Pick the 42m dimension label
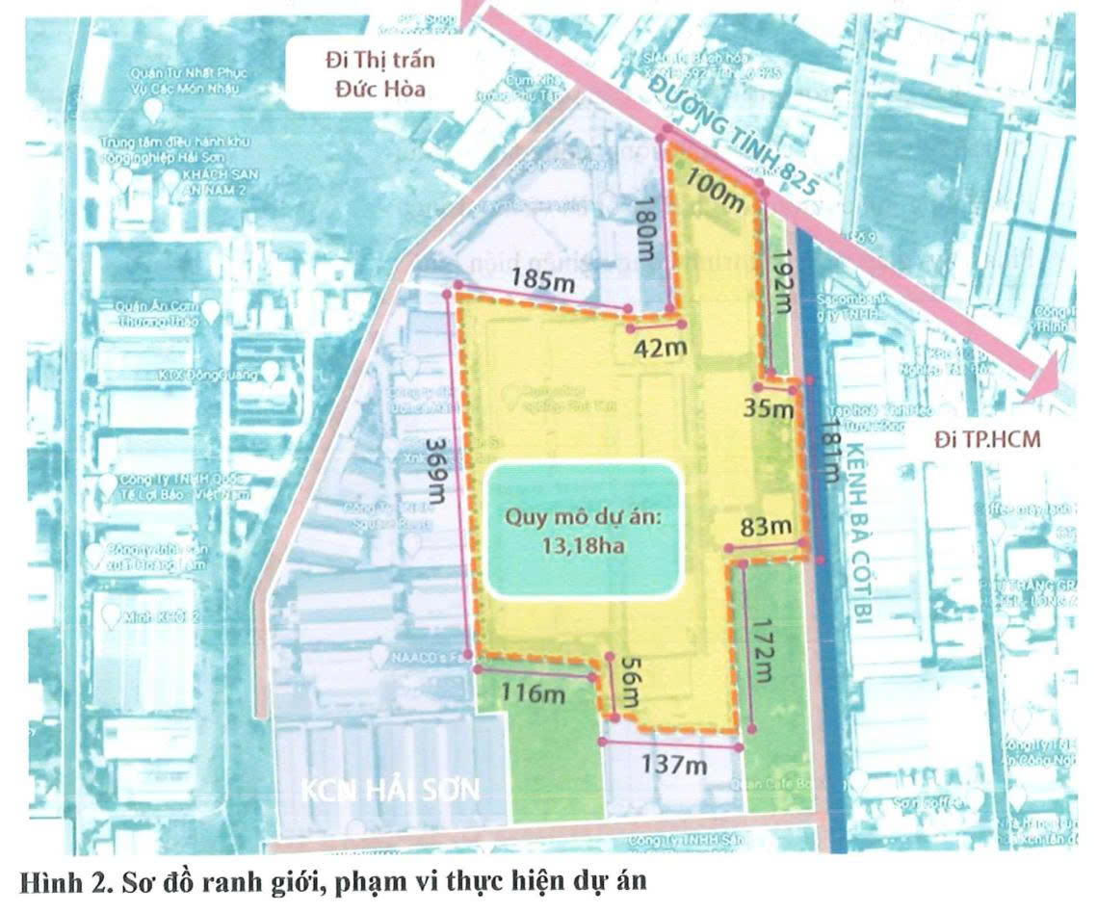click(657, 346)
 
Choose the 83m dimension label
click(768, 527)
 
